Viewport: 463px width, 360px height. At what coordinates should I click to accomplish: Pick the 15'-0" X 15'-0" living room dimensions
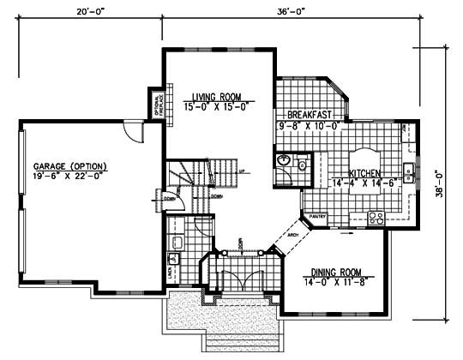pyautogui.click(x=216, y=106)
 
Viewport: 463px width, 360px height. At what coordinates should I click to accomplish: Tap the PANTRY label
pyautogui.click(x=319, y=216)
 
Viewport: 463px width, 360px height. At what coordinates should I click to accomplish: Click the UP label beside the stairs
pyautogui.click(x=242, y=171)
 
